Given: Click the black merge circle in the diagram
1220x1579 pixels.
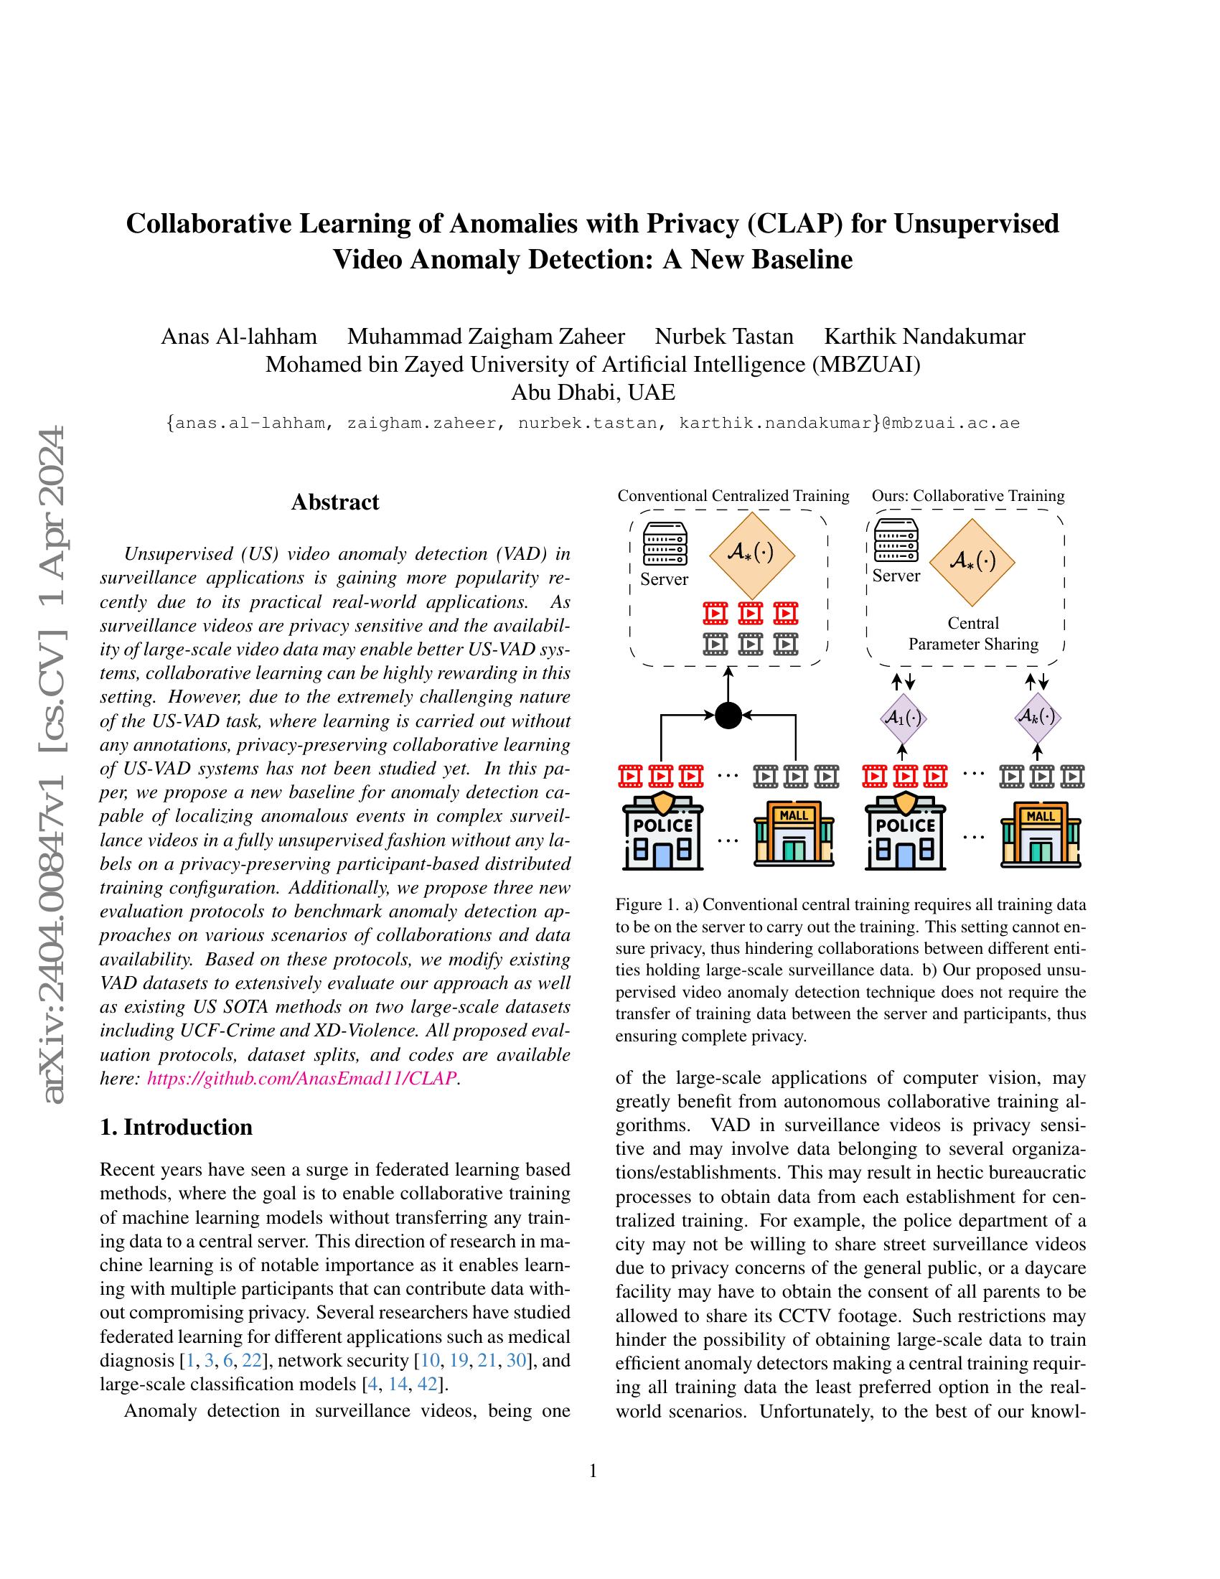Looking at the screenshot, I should pos(728,716).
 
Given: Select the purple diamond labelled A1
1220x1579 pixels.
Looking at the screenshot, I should pos(904,718).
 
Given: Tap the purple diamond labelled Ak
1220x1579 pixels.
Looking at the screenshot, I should pos(1036,716).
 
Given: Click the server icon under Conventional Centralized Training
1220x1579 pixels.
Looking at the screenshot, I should pos(665,545).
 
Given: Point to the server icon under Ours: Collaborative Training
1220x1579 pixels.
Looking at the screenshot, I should pos(896,540).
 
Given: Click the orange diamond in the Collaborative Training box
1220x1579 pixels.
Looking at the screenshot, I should pos(972,561).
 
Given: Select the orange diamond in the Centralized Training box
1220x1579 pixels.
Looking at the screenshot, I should pos(751,554).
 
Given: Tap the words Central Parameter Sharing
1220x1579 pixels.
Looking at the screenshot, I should pos(973,633).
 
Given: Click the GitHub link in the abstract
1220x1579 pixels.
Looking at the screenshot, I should pos(301,1078).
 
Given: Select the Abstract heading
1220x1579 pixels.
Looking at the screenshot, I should pos(334,502).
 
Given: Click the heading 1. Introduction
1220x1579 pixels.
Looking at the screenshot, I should pos(177,1127).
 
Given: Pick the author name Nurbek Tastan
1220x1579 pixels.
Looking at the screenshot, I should pos(723,336).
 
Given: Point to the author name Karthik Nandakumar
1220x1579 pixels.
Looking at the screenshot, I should pos(924,336).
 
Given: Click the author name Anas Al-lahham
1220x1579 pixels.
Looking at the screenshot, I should pos(238,336).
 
